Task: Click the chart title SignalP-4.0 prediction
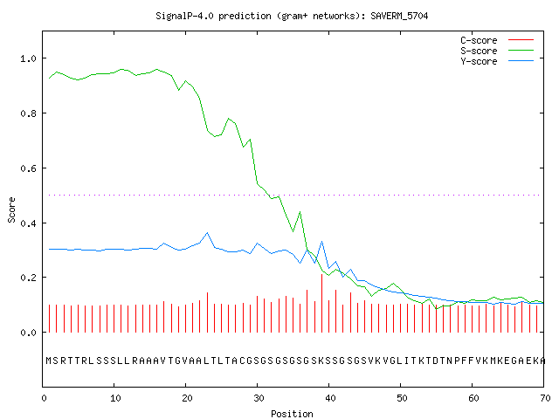(x=213, y=16)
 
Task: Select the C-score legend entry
(x=497, y=40)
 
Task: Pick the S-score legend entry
(x=497, y=51)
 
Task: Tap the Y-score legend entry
(x=497, y=61)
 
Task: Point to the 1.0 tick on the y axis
(x=28, y=58)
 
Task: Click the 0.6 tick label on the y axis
(x=28, y=168)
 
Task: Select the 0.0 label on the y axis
(x=28, y=333)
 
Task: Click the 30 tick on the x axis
(x=259, y=398)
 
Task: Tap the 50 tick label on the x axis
(x=402, y=398)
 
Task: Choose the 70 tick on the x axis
(x=545, y=398)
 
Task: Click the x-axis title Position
(x=292, y=414)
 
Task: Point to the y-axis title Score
(x=11, y=209)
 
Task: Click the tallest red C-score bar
(x=322, y=303)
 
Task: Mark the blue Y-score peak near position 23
(x=207, y=233)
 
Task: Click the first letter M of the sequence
(x=49, y=361)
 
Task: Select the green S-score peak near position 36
(x=300, y=212)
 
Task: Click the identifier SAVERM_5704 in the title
(x=399, y=16)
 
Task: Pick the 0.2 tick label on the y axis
(x=28, y=278)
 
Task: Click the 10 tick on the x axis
(x=115, y=398)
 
